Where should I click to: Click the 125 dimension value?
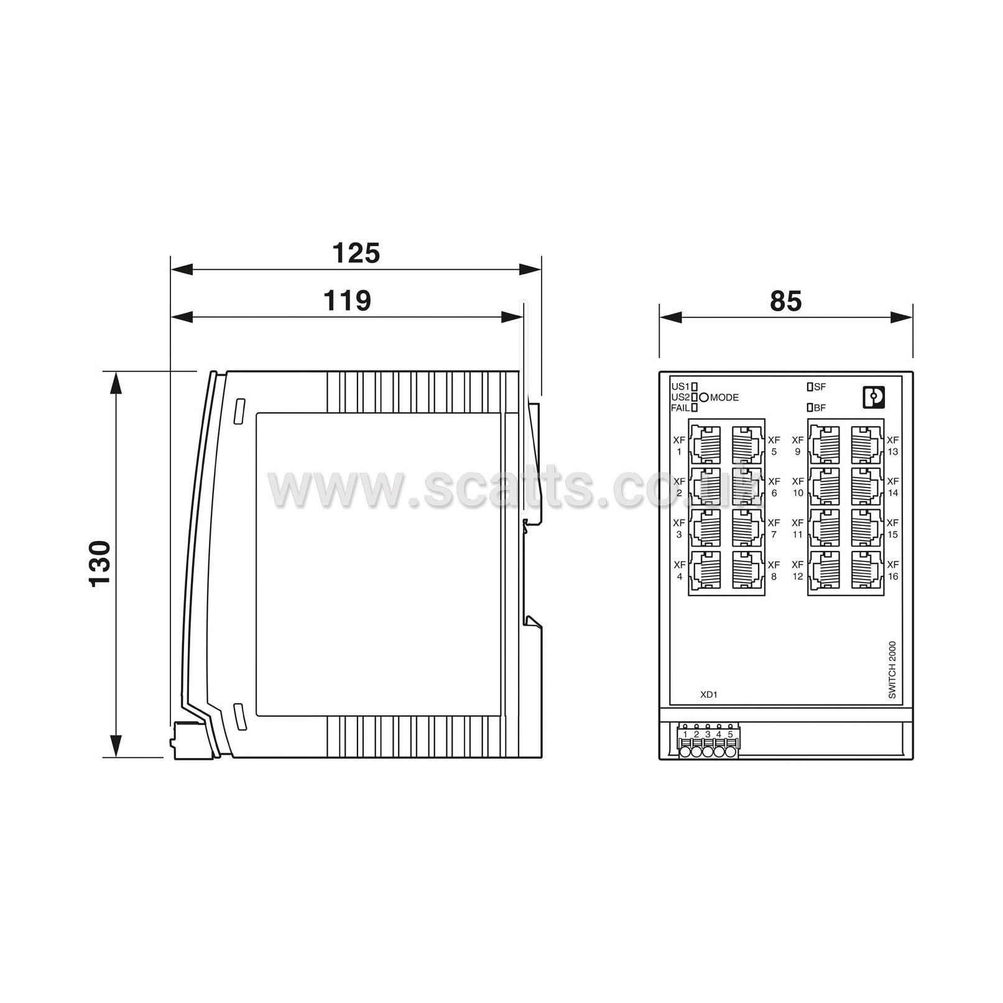356,253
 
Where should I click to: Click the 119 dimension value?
347,300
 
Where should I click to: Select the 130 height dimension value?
100,564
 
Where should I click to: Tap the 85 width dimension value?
786,301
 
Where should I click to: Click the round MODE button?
704,397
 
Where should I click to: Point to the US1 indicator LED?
695,387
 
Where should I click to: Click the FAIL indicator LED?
695,408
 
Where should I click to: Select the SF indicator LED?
810,387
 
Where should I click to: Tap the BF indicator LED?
810,408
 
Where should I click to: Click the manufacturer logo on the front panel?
874,397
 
